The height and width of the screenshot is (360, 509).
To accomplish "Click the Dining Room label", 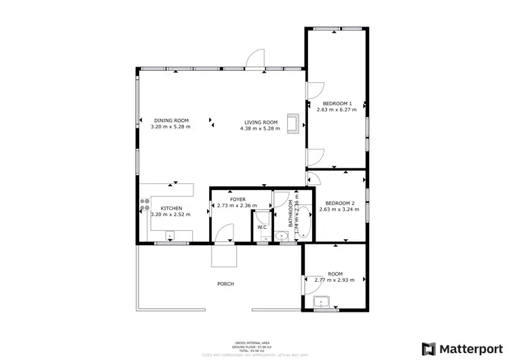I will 170,120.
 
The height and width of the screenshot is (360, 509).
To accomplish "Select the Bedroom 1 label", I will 337,103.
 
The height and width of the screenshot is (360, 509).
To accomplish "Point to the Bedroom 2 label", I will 339,203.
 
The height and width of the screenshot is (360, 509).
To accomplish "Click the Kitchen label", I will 170,208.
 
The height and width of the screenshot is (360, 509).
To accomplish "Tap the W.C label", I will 261,227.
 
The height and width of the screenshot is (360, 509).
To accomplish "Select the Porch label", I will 225,284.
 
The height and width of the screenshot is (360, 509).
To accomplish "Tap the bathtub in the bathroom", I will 303,221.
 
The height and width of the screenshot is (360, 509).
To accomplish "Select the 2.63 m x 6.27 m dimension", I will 337,109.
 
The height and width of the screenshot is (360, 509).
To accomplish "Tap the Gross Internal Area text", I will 254,342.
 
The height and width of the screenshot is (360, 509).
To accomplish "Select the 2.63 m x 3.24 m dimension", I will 339,209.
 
